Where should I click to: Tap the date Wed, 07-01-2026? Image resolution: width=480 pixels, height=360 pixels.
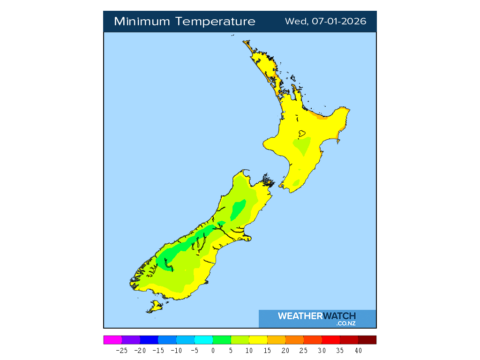click(x=326, y=22)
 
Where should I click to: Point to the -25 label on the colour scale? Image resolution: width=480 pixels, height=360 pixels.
click(x=121, y=350)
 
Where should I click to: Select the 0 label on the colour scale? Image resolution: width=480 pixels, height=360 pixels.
click(x=213, y=350)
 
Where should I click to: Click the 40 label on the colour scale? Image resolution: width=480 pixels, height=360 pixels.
click(x=358, y=350)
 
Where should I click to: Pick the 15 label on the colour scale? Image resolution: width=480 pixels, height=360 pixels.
click(x=267, y=350)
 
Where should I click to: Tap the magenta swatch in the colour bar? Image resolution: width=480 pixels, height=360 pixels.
click(x=112, y=340)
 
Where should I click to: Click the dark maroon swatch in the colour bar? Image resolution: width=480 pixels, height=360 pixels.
click(x=367, y=340)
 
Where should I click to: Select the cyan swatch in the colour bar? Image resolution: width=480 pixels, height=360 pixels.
click(x=203, y=340)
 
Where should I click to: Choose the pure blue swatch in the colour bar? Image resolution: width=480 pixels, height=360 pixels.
click(x=149, y=340)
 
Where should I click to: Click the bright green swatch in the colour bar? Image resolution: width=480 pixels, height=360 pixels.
click(x=222, y=340)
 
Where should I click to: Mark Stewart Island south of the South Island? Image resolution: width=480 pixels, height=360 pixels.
click(x=154, y=307)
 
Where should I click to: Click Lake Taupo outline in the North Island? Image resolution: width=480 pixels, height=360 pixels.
click(x=302, y=133)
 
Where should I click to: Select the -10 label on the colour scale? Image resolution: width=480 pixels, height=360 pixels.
click(x=176, y=350)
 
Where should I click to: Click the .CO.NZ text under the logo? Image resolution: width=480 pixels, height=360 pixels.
click(x=345, y=323)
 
